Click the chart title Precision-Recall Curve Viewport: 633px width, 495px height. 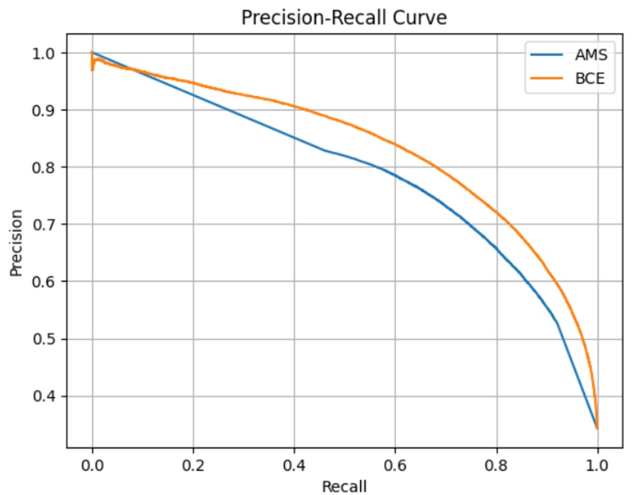pos(344,18)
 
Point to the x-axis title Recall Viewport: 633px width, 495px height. pos(344,486)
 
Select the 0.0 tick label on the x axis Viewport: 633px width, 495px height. pos(92,466)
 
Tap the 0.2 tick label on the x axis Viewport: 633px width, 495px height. pos(193,466)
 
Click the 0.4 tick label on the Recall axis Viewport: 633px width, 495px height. pos(294,466)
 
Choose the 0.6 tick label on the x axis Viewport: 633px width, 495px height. pos(395,466)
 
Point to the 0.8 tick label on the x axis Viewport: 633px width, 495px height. pos(497,466)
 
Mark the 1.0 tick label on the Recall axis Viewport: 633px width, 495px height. pos(597,466)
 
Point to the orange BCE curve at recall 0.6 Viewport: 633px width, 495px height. pos(395,144)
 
